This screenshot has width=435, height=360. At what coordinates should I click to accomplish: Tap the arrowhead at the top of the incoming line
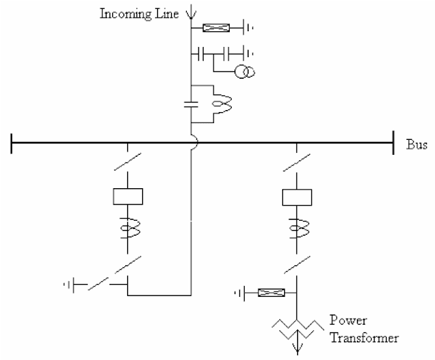click(x=191, y=12)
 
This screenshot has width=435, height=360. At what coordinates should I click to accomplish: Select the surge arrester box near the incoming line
click(x=217, y=28)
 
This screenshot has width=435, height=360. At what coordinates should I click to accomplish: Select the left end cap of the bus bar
click(x=12, y=143)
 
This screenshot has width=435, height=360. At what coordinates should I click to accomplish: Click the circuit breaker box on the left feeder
click(x=127, y=197)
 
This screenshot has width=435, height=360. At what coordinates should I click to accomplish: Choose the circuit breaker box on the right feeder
click(x=296, y=197)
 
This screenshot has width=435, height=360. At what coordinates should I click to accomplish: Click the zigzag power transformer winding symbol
click(x=296, y=327)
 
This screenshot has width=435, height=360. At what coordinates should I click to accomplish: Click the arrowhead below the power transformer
click(x=296, y=350)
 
